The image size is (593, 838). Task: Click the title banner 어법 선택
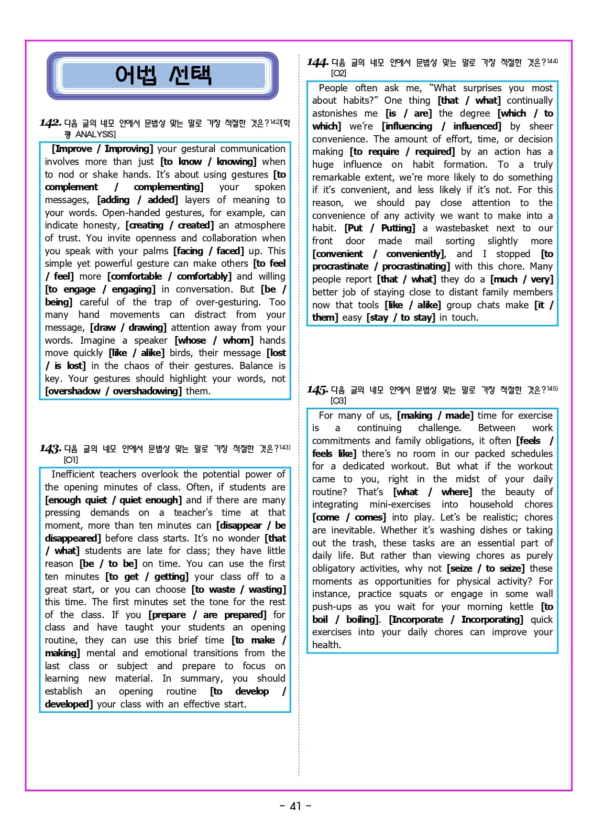coord(163,76)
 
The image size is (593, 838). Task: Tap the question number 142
coord(50,123)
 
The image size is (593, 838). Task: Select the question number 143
coord(50,449)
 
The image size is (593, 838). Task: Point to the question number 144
coord(317,63)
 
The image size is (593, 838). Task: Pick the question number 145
coord(317,390)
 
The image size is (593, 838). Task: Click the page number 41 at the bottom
coord(296,806)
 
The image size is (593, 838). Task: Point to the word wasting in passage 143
coord(266,589)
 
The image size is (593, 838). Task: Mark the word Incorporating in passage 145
coord(492,620)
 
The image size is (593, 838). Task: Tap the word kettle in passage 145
coord(521,607)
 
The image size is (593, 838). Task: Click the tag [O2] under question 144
coord(339,73)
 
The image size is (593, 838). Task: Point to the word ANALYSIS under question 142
coord(96,134)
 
